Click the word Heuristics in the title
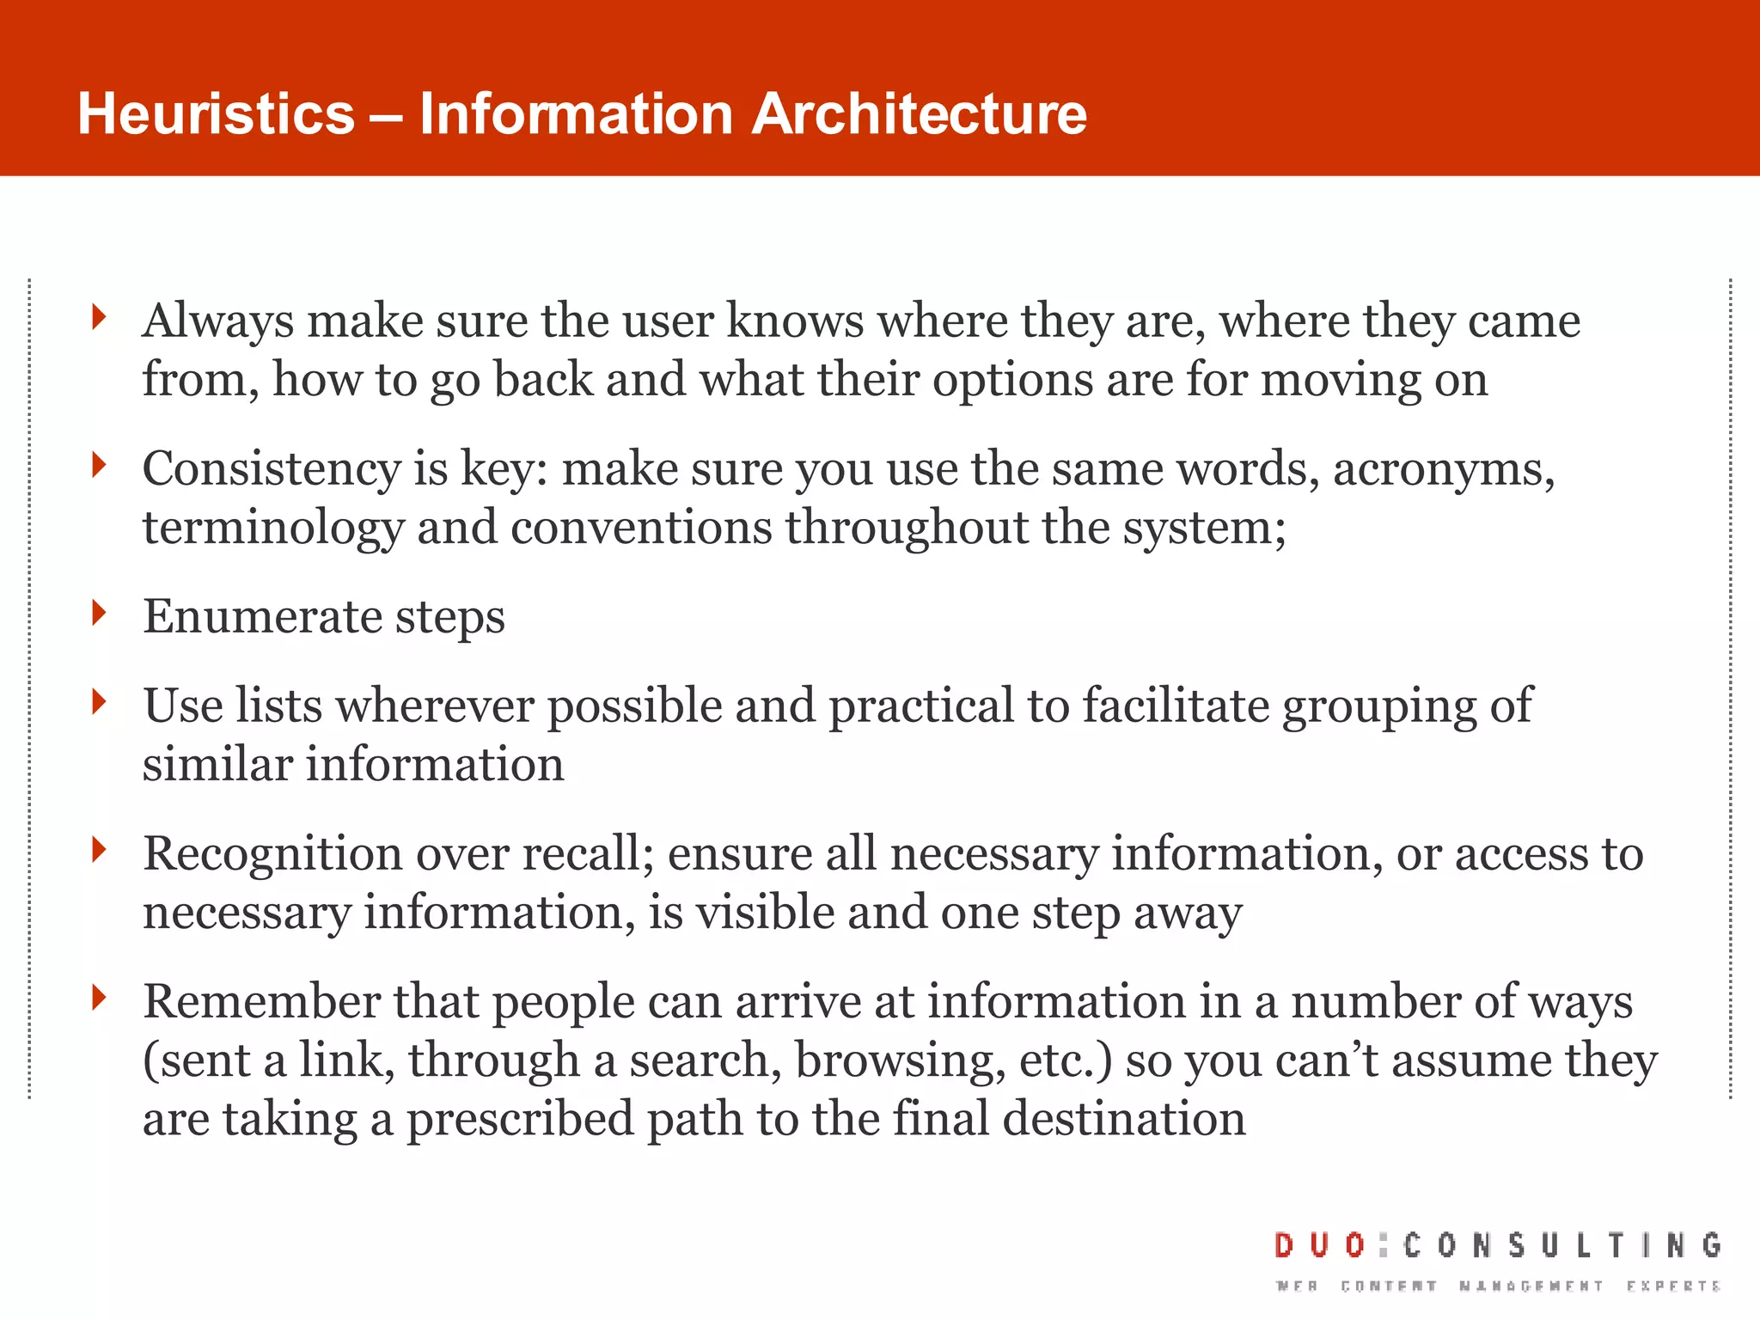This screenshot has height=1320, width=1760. (216, 114)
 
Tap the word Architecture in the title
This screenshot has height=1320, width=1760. (919, 114)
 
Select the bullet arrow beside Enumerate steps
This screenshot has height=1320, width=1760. (100, 613)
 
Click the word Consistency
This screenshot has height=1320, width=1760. (272, 470)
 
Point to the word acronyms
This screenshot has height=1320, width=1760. (1444, 470)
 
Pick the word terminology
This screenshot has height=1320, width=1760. (272, 529)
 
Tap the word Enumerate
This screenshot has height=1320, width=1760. (262, 617)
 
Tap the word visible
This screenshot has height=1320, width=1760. (765, 913)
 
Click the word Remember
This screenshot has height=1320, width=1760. (261, 1002)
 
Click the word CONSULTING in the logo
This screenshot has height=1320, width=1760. (1562, 1245)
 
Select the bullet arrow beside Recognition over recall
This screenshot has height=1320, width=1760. (100, 850)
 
